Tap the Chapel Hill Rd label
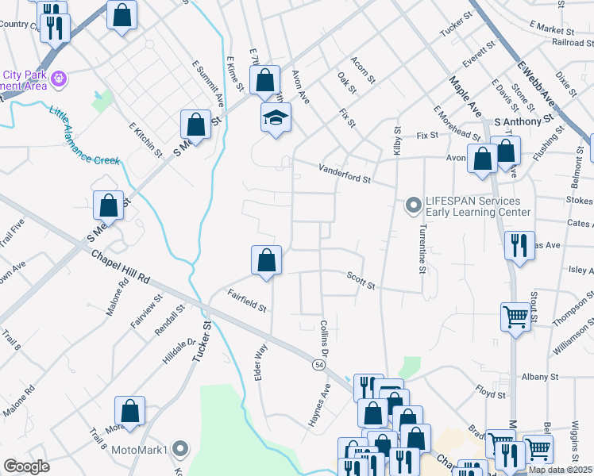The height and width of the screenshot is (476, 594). [120, 268]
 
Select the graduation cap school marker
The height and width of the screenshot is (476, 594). [276, 118]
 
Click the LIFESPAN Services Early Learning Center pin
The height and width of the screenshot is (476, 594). [413, 205]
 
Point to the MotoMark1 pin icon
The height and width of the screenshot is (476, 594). [180, 450]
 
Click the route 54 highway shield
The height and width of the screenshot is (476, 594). [318, 364]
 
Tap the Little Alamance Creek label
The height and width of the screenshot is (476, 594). [84, 136]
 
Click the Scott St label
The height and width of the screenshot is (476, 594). [360, 280]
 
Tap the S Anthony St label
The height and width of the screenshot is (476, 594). [523, 121]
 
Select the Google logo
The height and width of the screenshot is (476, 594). [26, 466]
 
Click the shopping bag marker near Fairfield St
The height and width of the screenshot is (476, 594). [267, 261]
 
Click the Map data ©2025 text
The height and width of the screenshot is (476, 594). [560, 470]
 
